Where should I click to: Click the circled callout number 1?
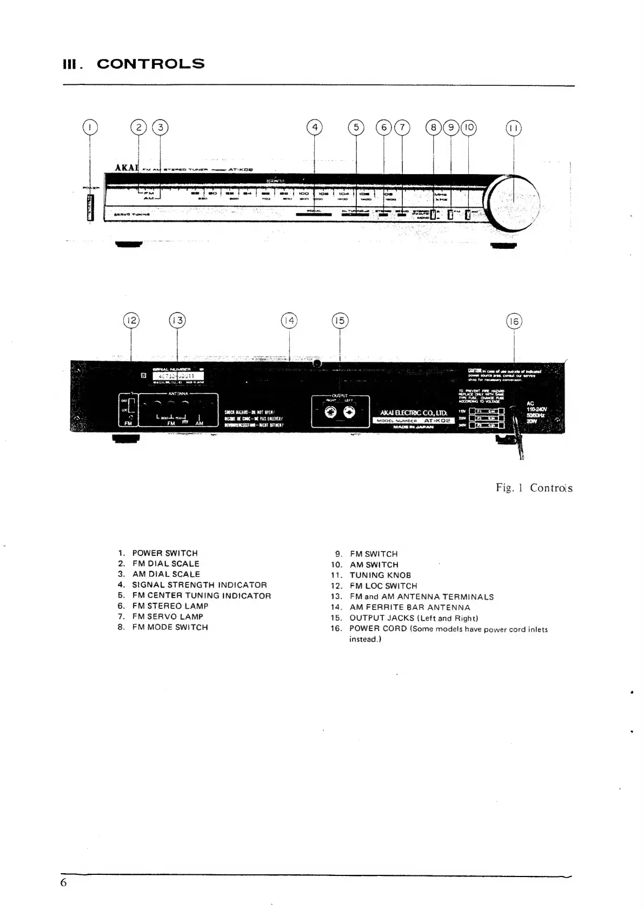(90, 128)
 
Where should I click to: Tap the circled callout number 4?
(314, 128)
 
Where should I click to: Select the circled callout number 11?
(513, 128)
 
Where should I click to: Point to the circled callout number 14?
(289, 321)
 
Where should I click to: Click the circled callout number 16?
(514, 321)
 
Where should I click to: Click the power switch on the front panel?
(90, 207)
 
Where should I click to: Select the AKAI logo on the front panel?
(128, 167)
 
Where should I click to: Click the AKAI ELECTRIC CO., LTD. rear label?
(414, 413)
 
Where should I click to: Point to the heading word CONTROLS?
(151, 64)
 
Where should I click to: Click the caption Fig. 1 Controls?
(534, 488)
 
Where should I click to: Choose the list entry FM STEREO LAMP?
(170, 606)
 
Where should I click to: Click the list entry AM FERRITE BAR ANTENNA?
(409, 607)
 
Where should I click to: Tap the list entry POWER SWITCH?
(165, 553)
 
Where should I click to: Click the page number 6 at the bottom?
(64, 883)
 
